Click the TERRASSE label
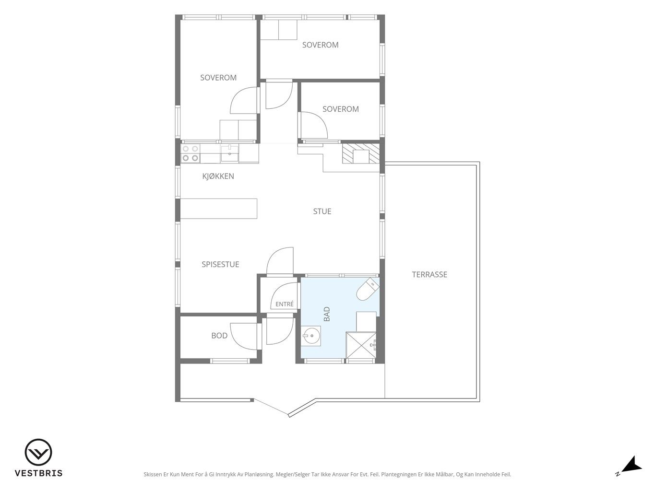pos(429,275)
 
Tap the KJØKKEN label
pos(218,176)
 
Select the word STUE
pos(322,211)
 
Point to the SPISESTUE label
pos(220,264)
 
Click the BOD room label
pos(219,336)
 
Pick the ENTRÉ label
pos(285,304)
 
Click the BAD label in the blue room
pos(327,314)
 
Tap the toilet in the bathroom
pos(368,289)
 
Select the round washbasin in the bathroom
pos(310,336)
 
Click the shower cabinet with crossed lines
pos(361,345)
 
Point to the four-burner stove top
pos(191,153)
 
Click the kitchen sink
pos(229,153)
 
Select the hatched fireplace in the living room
pos(361,153)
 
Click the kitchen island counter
pos(219,209)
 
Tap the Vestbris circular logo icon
pos(38,452)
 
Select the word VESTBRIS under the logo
pos(39,473)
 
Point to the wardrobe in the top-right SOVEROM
pos(279,30)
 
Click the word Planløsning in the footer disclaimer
pos(259,474)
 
